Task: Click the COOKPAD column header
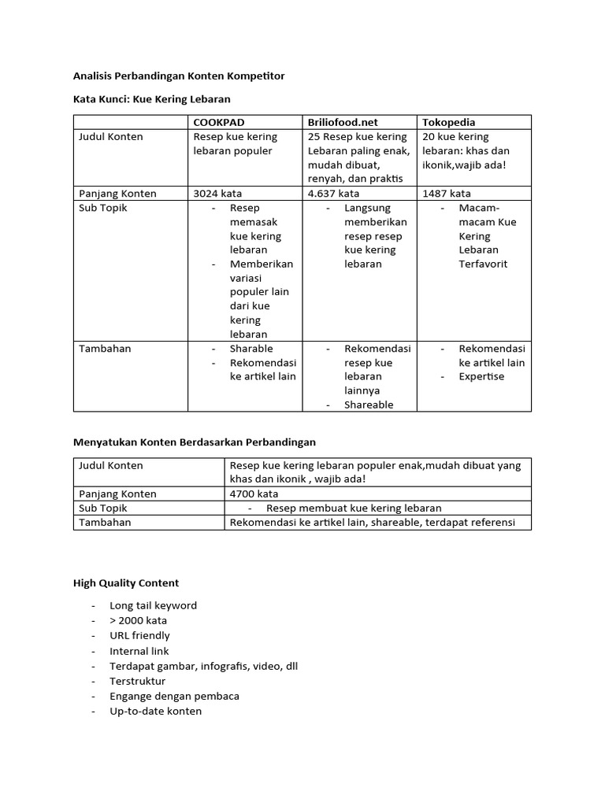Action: tap(218, 123)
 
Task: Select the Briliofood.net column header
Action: tap(343, 123)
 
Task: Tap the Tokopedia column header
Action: tap(449, 123)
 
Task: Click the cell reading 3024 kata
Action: tap(218, 194)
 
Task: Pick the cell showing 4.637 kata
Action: tap(334, 194)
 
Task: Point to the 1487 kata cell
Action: tap(447, 194)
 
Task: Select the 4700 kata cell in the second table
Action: tap(254, 494)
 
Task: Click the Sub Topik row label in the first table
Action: tap(102, 208)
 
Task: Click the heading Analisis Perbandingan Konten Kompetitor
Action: tap(179, 76)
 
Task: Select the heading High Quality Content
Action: tap(126, 583)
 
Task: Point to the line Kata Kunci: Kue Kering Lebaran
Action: tap(151, 99)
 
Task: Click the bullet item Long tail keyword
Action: tap(154, 606)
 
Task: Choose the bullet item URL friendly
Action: tap(139, 636)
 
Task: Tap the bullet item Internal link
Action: tap(139, 651)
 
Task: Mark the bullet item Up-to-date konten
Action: tap(156, 712)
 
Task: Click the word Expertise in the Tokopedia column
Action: tap(482, 377)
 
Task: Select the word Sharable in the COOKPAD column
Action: tap(251, 349)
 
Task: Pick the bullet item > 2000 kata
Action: tap(139, 621)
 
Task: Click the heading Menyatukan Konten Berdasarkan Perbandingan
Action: tap(195, 442)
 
